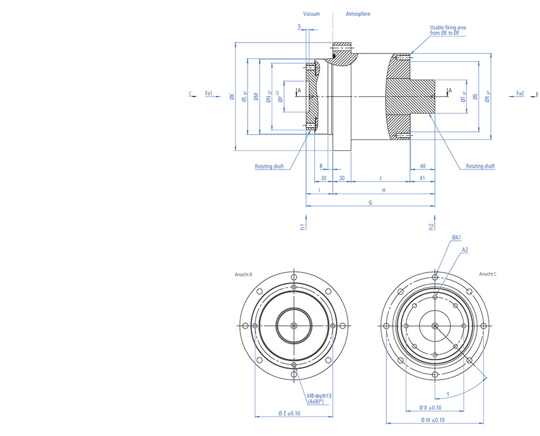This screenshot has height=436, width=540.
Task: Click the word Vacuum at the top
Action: coord(311,14)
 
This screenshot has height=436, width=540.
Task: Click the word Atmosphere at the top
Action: coord(358,14)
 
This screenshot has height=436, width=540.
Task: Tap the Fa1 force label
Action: coord(208,94)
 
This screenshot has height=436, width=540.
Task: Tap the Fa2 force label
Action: coord(520,94)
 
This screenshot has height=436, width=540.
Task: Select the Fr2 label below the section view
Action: coord(431,226)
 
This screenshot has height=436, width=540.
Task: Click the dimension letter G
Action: coord(370,202)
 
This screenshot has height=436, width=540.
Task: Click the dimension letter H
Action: coord(383,190)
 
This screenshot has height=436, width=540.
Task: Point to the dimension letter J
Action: coord(380,178)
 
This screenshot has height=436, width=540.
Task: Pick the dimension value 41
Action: coord(423,178)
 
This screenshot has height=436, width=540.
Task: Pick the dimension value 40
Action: coord(423,166)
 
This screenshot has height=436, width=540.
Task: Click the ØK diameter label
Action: coord(231,97)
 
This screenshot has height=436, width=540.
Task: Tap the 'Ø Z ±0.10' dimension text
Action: coord(289,413)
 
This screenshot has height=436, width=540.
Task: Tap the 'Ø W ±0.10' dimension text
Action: coord(433,420)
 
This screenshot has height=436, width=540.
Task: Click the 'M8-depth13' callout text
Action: coord(319,396)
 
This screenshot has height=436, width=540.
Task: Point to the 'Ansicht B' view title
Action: coord(243,274)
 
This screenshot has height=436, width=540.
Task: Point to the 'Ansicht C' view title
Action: coord(488,274)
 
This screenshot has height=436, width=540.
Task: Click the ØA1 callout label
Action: coord(457,238)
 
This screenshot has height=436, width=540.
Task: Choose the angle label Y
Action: coord(447,393)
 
